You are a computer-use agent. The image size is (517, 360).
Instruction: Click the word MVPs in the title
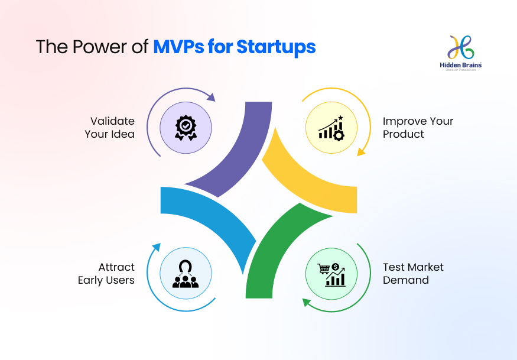pyautogui.click(x=178, y=47)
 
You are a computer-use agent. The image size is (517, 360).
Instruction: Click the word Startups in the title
pyautogui.click(x=276, y=47)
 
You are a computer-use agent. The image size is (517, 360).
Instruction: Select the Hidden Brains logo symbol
pyautogui.click(x=463, y=47)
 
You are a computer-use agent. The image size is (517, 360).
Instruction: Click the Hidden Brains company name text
pyautogui.click(x=463, y=65)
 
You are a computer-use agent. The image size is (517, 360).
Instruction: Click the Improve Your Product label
pyautogui.click(x=418, y=128)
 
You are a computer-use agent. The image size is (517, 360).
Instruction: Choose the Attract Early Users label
pyautogui.click(x=106, y=274)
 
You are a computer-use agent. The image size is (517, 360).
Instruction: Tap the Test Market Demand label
pyautogui.click(x=413, y=274)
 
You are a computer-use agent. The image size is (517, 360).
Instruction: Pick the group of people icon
pyautogui.click(x=186, y=274)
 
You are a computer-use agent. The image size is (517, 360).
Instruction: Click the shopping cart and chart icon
pyautogui.click(x=331, y=274)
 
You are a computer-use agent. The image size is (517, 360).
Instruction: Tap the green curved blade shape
pyautogui.click(x=278, y=248)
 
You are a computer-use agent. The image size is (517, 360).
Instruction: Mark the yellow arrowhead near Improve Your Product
pyautogui.click(x=360, y=152)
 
